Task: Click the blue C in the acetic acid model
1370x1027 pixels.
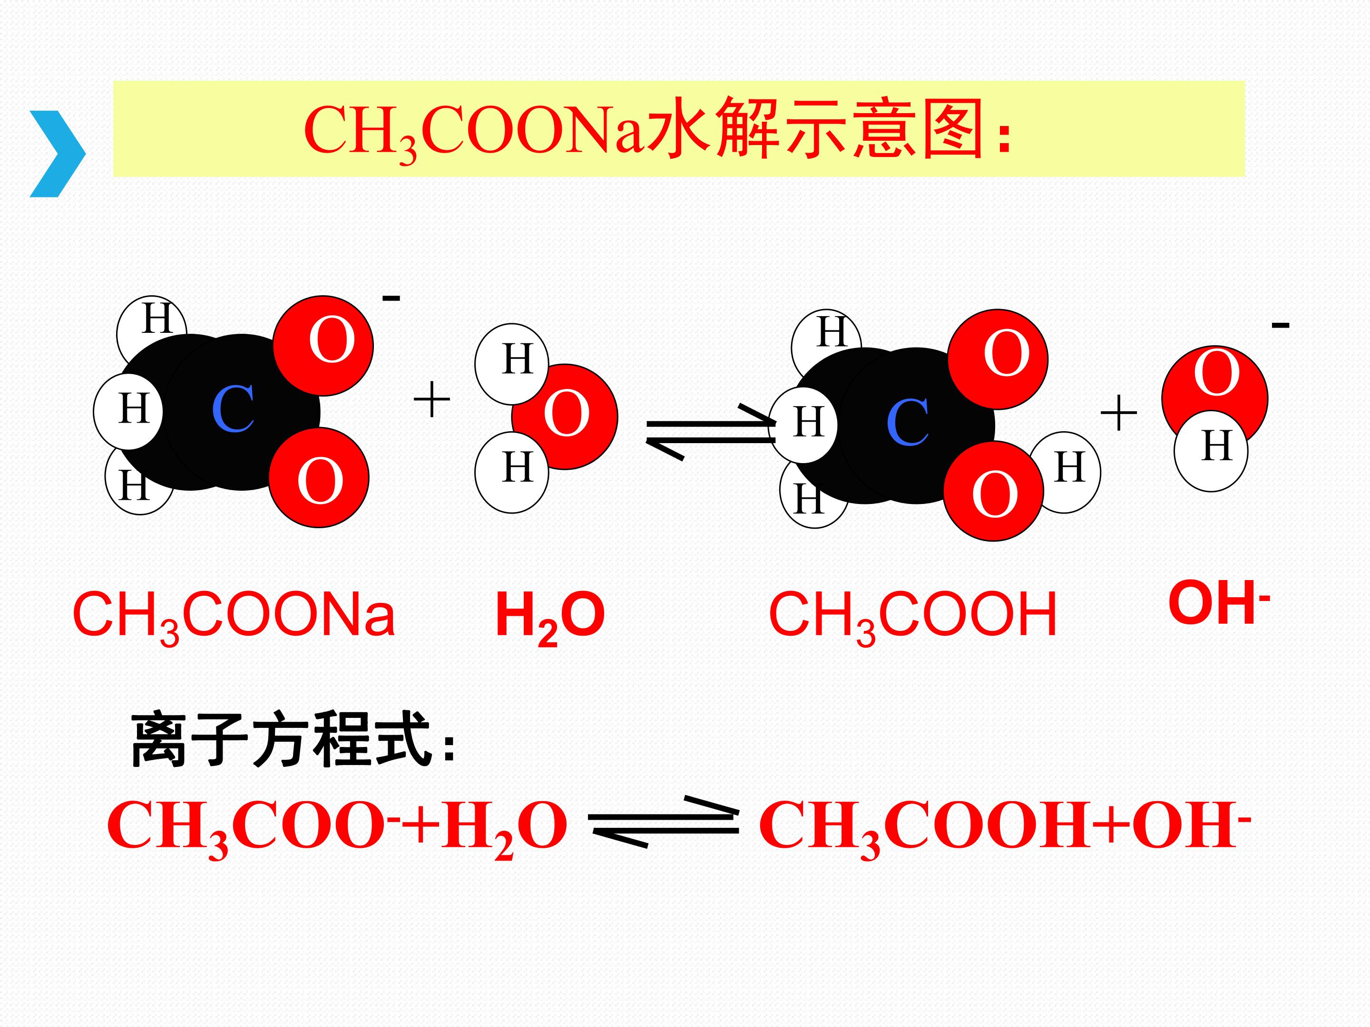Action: click(908, 423)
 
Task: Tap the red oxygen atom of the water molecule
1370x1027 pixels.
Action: click(565, 417)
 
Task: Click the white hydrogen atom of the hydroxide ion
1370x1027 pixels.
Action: click(1211, 451)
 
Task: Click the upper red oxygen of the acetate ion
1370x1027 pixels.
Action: click(323, 346)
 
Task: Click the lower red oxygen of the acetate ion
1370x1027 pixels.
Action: click(319, 477)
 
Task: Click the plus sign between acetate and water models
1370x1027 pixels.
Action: click(431, 399)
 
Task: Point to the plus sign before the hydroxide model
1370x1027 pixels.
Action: click(1118, 412)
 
